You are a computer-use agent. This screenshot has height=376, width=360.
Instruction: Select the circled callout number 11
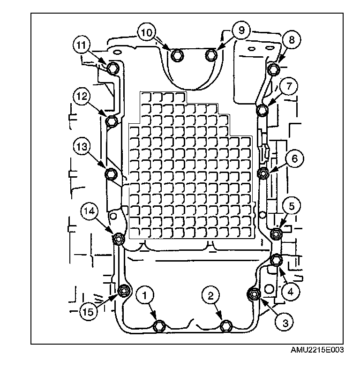pyautogui.click(x=81, y=45)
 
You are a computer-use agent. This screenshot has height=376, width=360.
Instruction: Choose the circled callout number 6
pyautogui.click(x=294, y=159)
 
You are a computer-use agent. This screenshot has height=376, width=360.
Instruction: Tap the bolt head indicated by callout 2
pyautogui.click(x=226, y=325)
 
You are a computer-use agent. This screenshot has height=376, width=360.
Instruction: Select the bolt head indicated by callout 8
pyautogui.click(x=274, y=70)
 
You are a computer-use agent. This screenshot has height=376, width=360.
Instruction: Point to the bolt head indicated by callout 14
pyautogui.click(x=118, y=239)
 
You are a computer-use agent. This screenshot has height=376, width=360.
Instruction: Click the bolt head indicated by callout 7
pyautogui.click(x=262, y=111)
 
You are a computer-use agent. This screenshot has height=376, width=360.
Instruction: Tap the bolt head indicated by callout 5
pyautogui.click(x=277, y=233)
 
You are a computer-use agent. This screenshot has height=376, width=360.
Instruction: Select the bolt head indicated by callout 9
pyautogui.click(x=211, y=55)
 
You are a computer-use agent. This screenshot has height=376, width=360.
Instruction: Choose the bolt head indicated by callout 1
pyautogui.click(x=160, y=325)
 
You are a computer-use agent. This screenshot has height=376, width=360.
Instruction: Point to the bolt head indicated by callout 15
pyautogui.click(x=123, y=291)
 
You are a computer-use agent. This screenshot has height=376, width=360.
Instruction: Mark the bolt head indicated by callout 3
pyautogui.click(x=254, y=294)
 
